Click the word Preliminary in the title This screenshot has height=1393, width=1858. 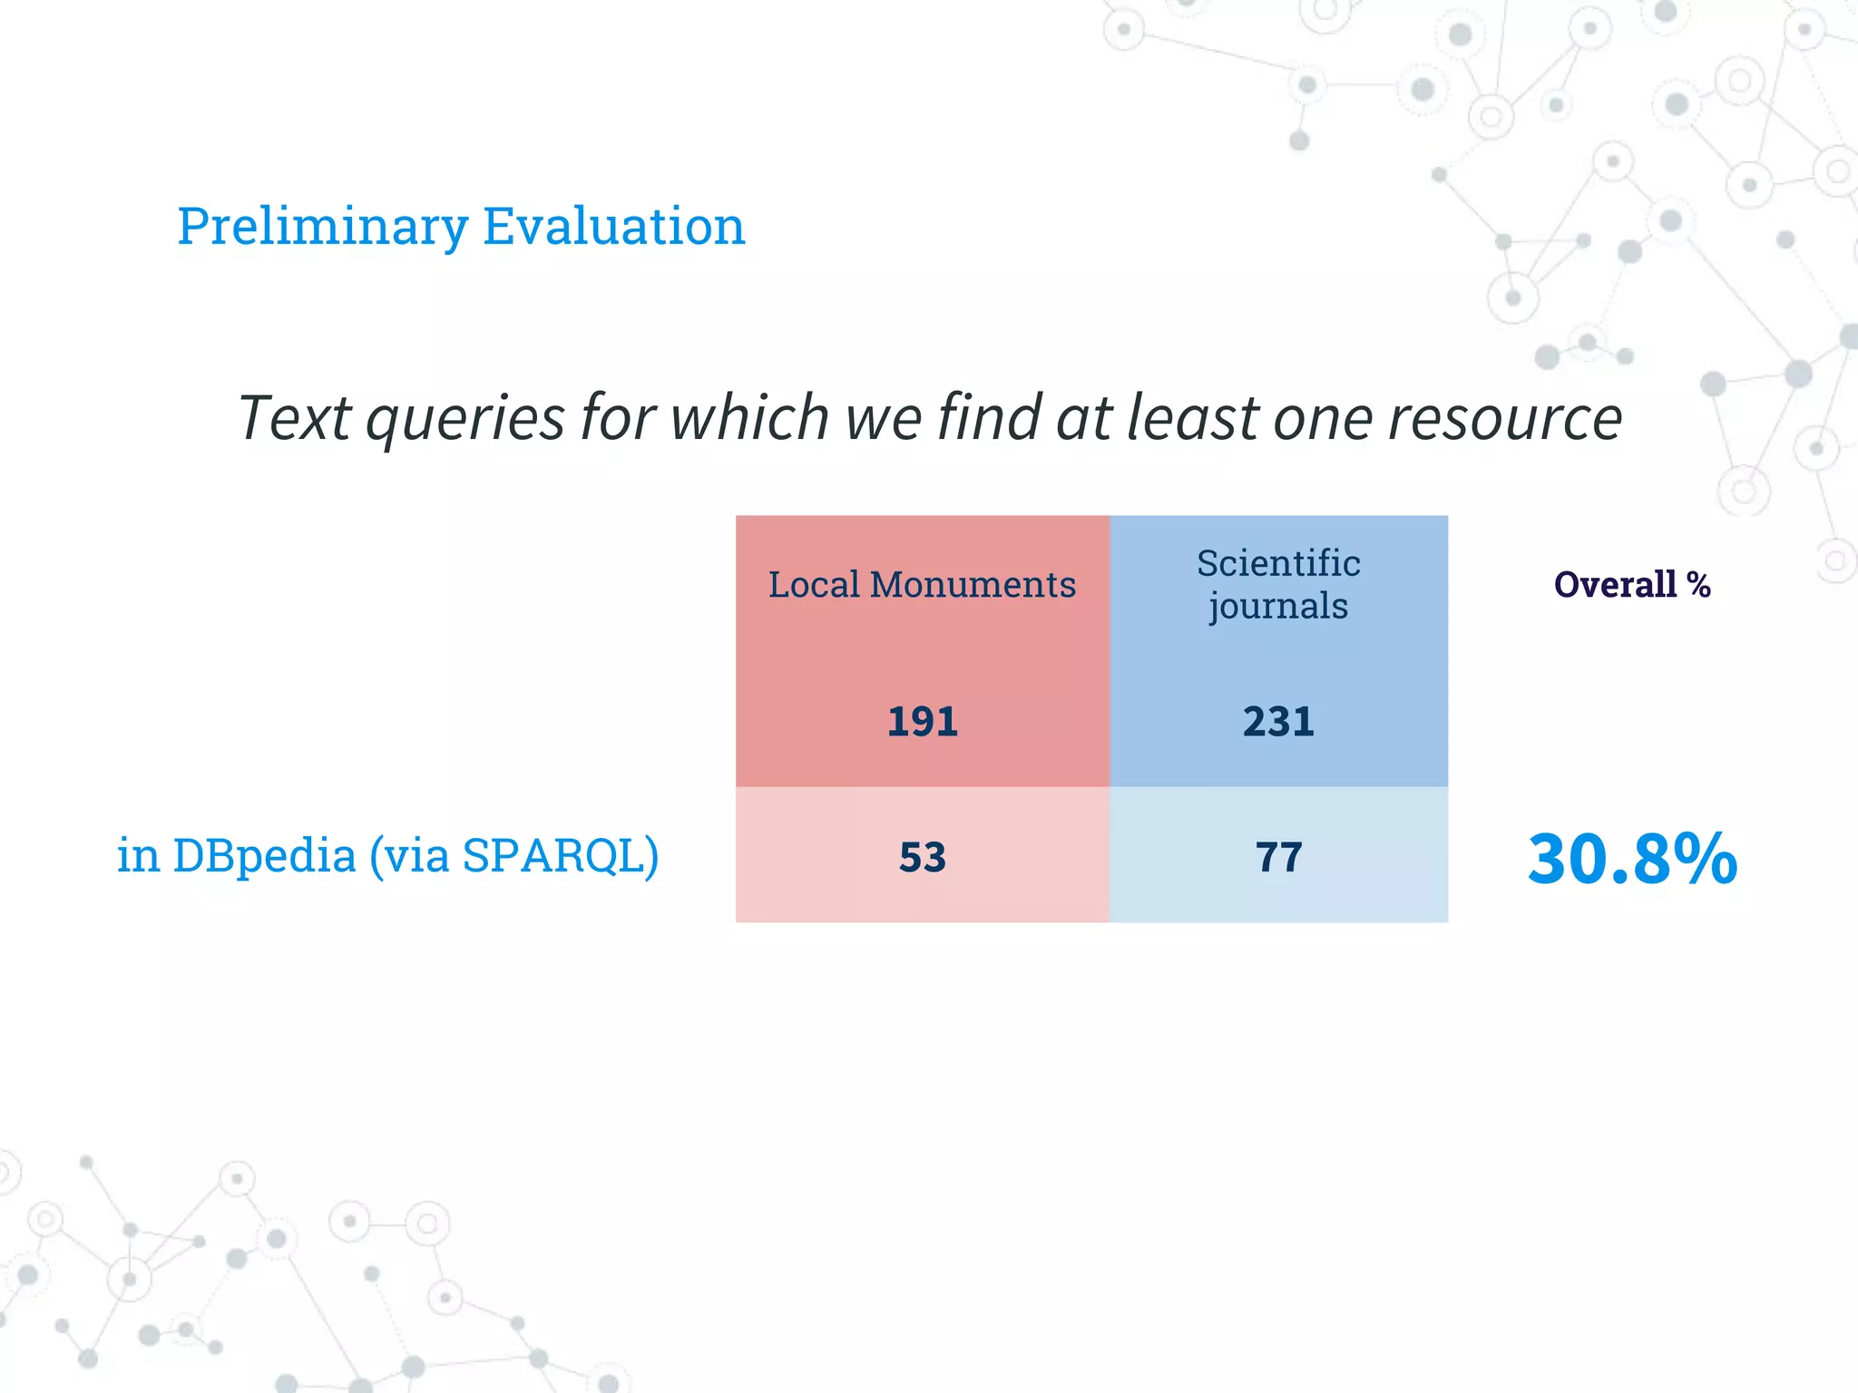click(322, 226)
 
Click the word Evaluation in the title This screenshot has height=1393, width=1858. click(613, 226)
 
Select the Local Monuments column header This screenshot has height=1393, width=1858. click(922, 585)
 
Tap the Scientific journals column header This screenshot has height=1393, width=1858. click(1278, 584)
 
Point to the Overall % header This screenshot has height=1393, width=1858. click(1631, 585)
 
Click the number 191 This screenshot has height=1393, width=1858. click(922, 722)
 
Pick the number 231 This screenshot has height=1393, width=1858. click(1278, 722)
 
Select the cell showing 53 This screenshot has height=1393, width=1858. click(922, 857)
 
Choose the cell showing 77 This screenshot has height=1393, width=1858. click(1278, 857)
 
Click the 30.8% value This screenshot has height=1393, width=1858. click(1631, 858)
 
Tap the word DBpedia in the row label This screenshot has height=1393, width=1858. click(264, 855)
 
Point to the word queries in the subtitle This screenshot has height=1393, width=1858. click(465, 419)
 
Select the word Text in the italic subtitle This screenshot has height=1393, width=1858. click(294, 419)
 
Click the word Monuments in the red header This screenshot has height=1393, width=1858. click(973, 585)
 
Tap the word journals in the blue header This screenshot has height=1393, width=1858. click(1278, 606)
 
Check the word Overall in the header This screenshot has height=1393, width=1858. click(1615, 585)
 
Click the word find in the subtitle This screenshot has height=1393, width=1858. click(989, 419)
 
